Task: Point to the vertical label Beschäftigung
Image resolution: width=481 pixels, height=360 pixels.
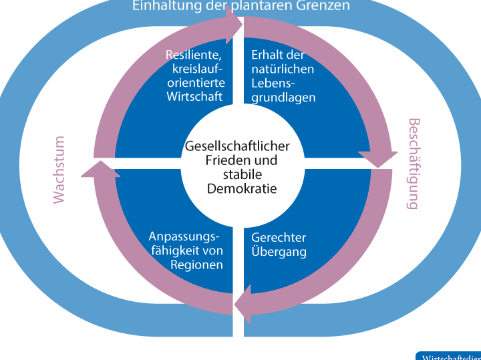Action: coord(414,164)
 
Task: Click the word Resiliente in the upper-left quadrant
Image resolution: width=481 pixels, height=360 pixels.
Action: coord(194,55)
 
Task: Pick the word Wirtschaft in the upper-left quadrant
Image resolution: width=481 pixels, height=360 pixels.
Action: coord(196,97)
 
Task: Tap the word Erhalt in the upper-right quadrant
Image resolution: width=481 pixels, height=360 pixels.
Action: coord(267,55)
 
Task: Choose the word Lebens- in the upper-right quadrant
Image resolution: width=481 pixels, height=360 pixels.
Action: coord(272,83)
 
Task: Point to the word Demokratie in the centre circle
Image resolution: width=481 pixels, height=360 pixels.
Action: coord(242,189)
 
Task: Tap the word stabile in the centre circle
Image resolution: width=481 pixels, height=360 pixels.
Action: coord(242,175)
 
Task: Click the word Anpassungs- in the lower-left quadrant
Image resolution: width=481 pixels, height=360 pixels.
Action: coord(184,237)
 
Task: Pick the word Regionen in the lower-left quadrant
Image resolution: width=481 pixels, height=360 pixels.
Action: coord(196,264)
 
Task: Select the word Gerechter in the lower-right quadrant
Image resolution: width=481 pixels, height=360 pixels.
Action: coord(279,238)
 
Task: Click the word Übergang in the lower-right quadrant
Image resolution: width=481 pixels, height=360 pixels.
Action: coord(279,252)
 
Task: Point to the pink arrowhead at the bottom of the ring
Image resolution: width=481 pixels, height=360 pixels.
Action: coord(243,304)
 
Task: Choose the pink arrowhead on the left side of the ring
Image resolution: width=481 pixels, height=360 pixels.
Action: coord(99,168)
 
